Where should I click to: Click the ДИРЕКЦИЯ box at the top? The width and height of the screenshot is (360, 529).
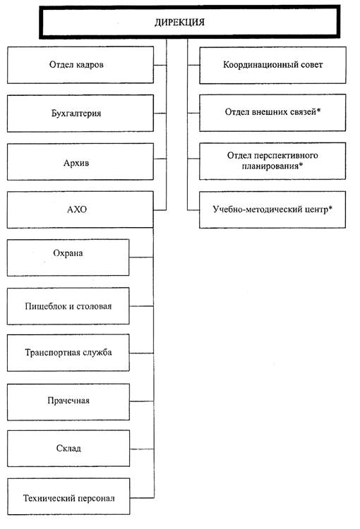click(x=189, y=22)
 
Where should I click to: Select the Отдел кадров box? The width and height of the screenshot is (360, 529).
click(x=80, y=65)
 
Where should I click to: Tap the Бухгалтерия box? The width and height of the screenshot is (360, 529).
click(x=80, y=113)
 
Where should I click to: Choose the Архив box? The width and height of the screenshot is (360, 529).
click(x=80, y=162)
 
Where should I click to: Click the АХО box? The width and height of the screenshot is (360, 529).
click(x=80, y=209)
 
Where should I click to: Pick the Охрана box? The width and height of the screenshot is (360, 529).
click(x=68, y=257)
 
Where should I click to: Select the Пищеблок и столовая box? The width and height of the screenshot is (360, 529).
click(x=68, y=306)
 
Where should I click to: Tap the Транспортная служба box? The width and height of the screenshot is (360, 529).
click(x=68, y=353)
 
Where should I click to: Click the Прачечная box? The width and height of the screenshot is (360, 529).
click(x=68, y=402)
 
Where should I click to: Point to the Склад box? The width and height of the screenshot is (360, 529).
click(x=68, y=449)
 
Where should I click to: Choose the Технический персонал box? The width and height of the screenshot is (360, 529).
click(x=68, y=497)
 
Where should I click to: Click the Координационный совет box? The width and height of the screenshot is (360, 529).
click(x=272, y=65)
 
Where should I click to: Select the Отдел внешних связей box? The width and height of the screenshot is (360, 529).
click(x=272, y=113)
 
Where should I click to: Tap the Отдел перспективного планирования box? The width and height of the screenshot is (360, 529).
click(x=272, y=161)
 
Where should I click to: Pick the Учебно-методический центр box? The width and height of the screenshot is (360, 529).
click(x=272, y=210)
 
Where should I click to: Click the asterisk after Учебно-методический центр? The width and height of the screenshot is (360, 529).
click(x=330, y=208)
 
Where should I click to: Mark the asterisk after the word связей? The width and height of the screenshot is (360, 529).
click(x=318, y=110)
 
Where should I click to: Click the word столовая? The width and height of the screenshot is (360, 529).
click(x=94, y=306)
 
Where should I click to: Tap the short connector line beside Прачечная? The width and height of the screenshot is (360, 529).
click(x=142, y=401)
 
